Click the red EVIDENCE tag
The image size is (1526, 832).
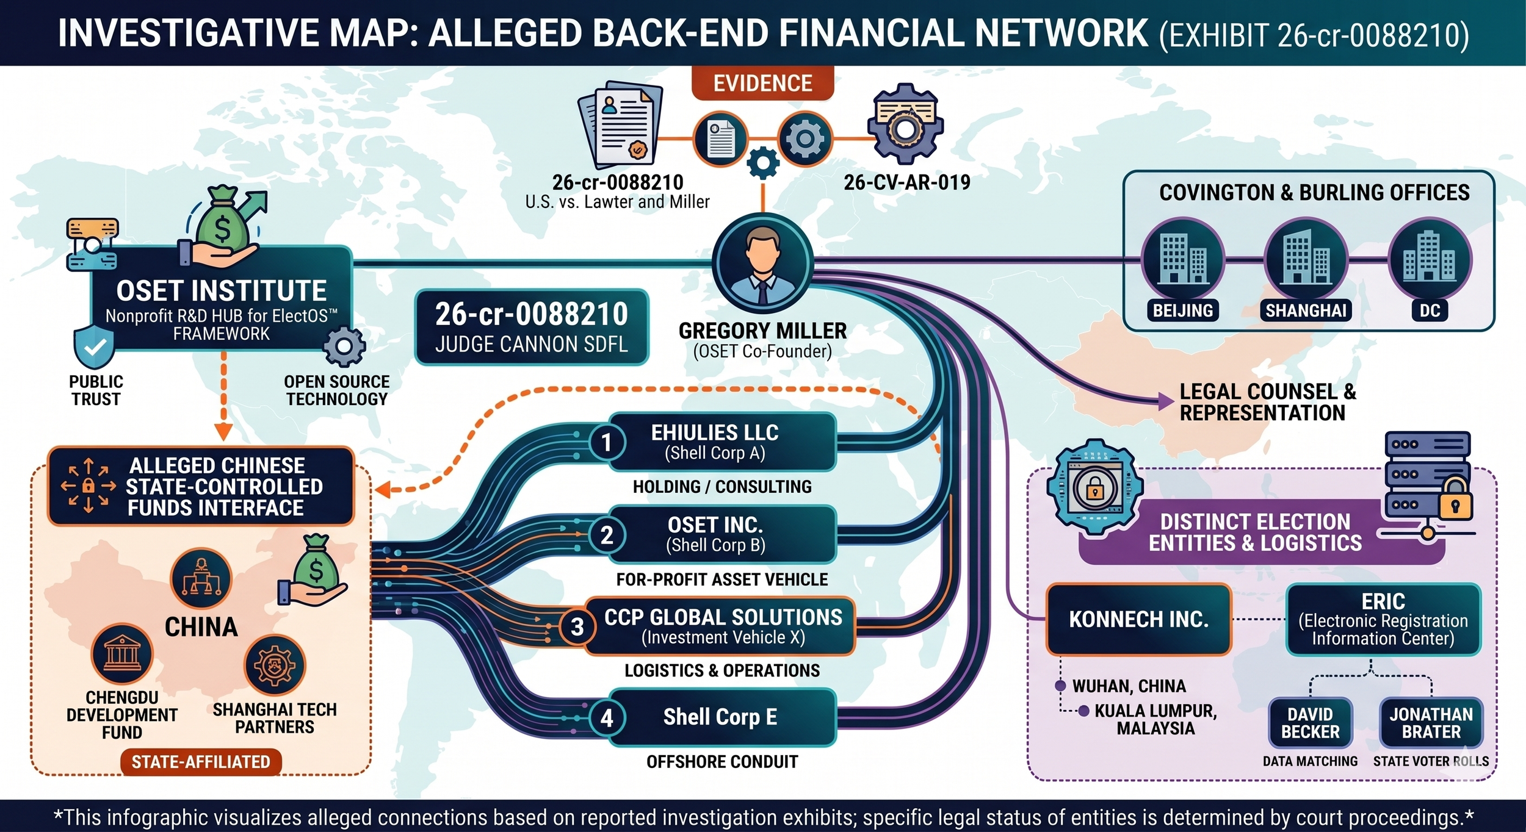pyautogui.click(x=762, y=84)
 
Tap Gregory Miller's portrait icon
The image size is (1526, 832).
pyautogui.click(x=762, y=264)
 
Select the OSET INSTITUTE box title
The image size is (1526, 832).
pyautogui.click(x=221, y=291)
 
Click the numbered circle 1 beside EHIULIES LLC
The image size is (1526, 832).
pyautogui.click(x=606, y=442)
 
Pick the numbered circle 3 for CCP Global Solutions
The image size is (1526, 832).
pyautogui.click(x=577, y=626)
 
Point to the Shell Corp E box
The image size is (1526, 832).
pyautogui.click(x=720, y=717)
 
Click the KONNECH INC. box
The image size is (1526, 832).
pyautogui.click(x=1138, y=619)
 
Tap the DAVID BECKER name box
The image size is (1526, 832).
pyautogui.click(x=1310, y=723)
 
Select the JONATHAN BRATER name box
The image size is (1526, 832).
pyautogui.click(x=1431, y=723)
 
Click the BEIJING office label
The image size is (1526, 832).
pyautogui.click(x=1182, y=310)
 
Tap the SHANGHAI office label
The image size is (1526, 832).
pyautogui.click(x=1306, y=310)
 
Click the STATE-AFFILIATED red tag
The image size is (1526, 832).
pyautogui.click(x=201, y=762)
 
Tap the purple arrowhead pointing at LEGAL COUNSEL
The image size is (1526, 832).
pyautogui.click(x=1165, y=401)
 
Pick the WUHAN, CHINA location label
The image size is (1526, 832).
pyautogui.click(x=1129, y=686)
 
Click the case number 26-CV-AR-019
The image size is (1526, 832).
pyautogui.click(x=907, y=182)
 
